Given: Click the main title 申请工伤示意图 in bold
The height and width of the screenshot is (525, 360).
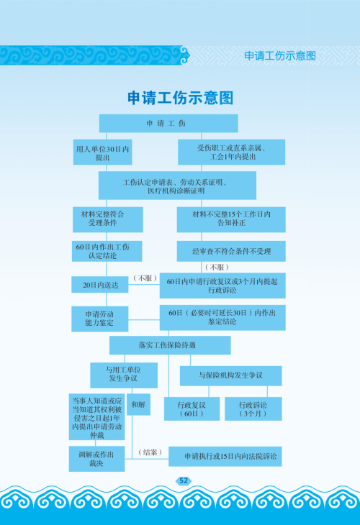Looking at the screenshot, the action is (x=180, y=98).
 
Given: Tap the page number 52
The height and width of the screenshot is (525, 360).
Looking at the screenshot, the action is (x=184, y=481).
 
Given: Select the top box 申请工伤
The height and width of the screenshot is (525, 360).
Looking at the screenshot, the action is (x=168, y=123).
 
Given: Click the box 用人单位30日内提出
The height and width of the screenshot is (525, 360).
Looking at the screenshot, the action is (x=102, y=152).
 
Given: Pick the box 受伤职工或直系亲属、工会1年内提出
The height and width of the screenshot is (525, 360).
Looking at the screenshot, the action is (x=232, y=152).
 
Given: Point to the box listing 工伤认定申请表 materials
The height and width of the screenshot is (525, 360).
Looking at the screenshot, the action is (x=177, y=186).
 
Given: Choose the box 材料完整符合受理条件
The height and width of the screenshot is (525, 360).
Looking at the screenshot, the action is (x=108, y=219).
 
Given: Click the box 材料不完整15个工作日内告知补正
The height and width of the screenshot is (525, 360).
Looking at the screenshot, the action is (x=231, y=219).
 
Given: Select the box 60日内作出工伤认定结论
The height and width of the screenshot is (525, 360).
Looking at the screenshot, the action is (x=107, y=251).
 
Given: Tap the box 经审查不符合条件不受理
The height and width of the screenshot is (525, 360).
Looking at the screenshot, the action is (x=231, y=251).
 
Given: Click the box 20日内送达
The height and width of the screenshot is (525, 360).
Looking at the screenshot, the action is (x=100, y=285).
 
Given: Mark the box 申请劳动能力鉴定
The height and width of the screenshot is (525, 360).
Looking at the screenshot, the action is (x=100, y=319).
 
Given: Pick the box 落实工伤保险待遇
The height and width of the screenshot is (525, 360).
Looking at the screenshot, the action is (x=170, y=345).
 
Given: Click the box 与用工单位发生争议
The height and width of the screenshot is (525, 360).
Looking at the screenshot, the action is (x=124, y=375).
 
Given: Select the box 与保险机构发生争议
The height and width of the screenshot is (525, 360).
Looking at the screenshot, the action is (x=231, y=375).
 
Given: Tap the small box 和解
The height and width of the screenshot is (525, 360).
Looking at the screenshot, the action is (x=138, y=404).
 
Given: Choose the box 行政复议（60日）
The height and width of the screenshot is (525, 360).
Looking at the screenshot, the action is (x=192, y=408).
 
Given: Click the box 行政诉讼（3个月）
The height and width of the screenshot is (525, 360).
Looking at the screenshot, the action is (x=253, y=408).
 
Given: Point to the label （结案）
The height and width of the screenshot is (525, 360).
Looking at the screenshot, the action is (x=150, y=452).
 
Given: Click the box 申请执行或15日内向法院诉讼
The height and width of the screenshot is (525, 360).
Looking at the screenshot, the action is (x=225, y=457).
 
